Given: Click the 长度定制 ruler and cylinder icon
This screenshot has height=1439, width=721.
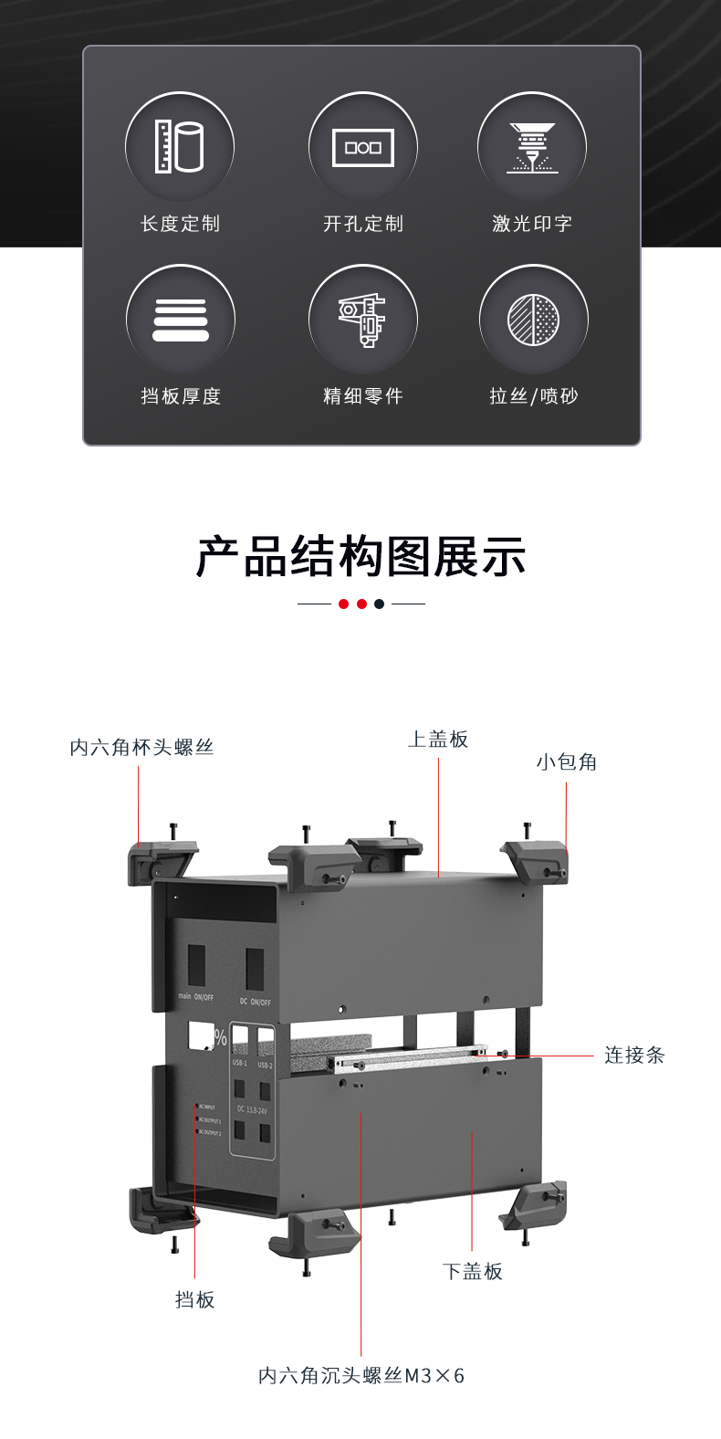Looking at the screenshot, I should tap(180, 146).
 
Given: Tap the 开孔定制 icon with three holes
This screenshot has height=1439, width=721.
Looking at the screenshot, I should tap(363, 147).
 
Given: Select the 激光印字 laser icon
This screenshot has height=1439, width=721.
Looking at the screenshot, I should tap(532, 147).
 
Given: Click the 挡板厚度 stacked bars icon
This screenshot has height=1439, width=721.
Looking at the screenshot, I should tap(181, 320).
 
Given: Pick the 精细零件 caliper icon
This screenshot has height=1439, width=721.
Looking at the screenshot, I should tap(363, 320).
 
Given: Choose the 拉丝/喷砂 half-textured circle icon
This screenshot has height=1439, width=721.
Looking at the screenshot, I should tap(534, 320).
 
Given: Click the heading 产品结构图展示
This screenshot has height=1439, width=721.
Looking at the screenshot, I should tap(360, 557).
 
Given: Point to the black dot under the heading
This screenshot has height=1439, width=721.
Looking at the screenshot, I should tap(380, 604).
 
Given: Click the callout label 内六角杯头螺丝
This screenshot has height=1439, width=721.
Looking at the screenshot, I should tap(141, 748).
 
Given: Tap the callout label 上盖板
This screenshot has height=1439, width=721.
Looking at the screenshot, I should tap(438, 740).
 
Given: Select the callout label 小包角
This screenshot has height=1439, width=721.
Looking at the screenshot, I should tap(567, 762).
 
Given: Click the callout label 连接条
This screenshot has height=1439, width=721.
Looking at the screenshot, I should tap(634, 1056).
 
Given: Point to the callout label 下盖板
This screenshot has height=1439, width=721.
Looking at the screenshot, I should tap(473, 1272).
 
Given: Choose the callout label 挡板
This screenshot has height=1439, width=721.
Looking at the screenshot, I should tap(195, 1300).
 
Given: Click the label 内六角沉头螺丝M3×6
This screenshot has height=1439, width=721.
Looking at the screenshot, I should tap(361, 1376).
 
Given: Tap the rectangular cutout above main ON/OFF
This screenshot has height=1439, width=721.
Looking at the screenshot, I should tap(196, 965).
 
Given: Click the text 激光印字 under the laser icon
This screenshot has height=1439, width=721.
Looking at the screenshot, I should tap(532, 224).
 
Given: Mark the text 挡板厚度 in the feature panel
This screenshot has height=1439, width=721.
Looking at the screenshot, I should tap(181, 396).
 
